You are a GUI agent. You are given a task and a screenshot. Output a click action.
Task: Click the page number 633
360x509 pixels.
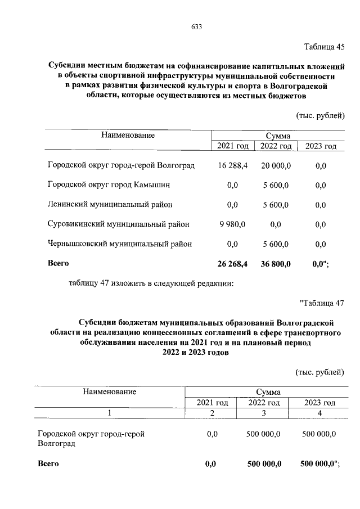tap(196, 27)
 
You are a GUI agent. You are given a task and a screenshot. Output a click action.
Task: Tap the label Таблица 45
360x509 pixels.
tap(324, 46)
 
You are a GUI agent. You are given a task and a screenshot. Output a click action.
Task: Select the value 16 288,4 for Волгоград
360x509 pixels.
tap(232, 166)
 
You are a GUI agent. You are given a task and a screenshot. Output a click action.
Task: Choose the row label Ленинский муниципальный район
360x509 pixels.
tap(110, 204)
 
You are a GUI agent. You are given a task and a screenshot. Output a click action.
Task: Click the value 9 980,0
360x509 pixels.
tap(232, 224)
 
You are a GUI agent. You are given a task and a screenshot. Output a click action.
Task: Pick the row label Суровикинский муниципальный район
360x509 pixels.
tap(119, 224)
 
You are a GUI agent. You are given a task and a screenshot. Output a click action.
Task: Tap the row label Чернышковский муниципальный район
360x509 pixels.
tap(120, 244)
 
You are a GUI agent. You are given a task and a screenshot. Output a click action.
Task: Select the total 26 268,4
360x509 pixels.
tap(232, 263)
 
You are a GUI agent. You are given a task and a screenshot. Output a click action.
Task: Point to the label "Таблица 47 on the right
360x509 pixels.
tap(322, 304)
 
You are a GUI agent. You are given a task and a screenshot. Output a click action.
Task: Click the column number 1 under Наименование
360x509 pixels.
tap(110, 413)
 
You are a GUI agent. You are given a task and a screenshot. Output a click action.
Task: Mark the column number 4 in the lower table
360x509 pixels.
tap(319, 413)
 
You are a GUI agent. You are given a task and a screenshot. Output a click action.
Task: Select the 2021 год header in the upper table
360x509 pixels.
tap(232, 146)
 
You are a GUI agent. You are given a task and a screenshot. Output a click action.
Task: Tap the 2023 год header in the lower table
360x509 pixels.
tap(319, 403)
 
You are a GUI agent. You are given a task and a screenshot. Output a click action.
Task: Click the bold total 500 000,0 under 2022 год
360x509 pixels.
tap(264, 464)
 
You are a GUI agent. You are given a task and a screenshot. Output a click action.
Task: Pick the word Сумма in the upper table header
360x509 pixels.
tap(279, 136)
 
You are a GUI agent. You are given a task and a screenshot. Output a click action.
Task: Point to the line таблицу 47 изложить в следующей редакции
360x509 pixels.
tap(150, 283)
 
